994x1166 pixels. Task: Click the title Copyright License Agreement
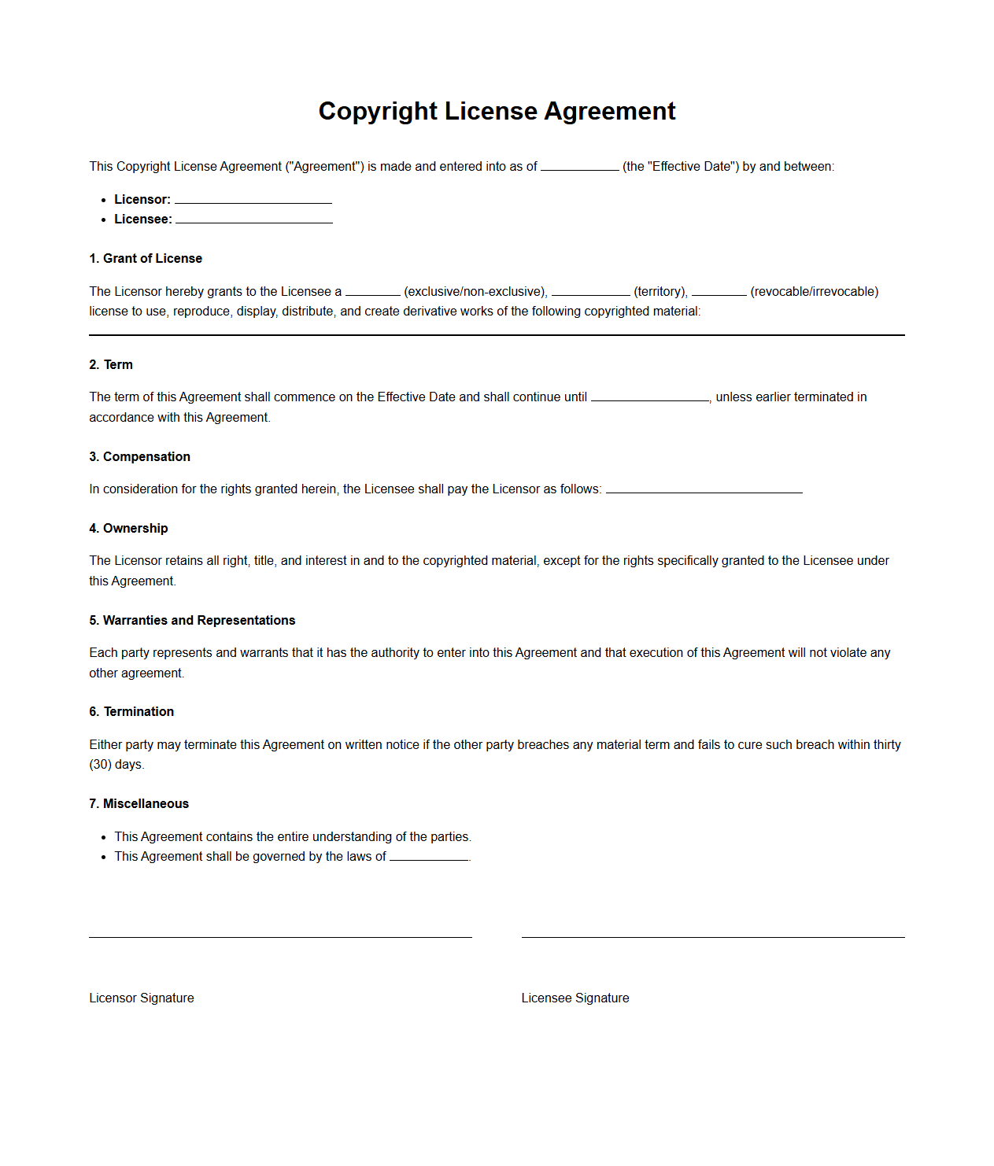pyautogui.click(x=497, y=111)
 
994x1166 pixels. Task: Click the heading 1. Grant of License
pyautogui.click(x=146, y=258)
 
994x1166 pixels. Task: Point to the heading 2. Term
pyautogui.click(x=111, y=364)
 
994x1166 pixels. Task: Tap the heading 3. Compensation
pyautogui.click(x=139, y=456)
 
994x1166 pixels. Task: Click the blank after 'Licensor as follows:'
pyautogui.click(x=704, y=489)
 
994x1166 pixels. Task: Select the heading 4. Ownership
pyautogui.click(x=128, y=528)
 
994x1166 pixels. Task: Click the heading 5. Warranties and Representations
pyautogui.click(x=192, y=620)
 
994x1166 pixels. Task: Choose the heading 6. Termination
pyautogui.click(x=131, y=711)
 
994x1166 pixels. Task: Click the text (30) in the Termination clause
pyautogui.click(x=101, y=764)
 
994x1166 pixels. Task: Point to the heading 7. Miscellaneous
pyautogui.click(x=139, y=803)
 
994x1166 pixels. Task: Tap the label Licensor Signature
pyautogui.click(x=142, y=998)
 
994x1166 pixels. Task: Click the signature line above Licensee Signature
pyautogui.click(x=713, y=936)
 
